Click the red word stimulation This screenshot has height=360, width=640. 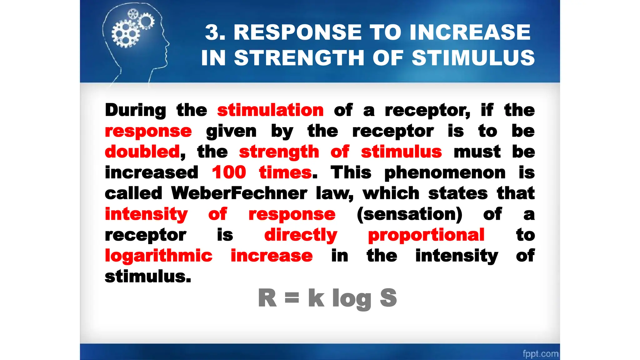coord(270,110)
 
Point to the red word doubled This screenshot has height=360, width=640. coord(142,152)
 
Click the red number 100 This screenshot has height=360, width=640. coord(229,172)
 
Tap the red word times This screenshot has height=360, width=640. coord(285,172)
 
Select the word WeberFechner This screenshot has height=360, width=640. coord(239,193)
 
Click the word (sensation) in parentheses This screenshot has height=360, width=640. coord(409,214)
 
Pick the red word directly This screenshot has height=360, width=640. coord(301,235)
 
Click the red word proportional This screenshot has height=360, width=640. coord(426,235)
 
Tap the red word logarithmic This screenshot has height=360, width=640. coord(158,256)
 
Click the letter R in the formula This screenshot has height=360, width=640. coord(267,298)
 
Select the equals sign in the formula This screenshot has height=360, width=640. coord(292,297)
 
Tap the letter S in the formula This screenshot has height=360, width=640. coord(388,298)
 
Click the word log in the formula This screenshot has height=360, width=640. coord(352,299)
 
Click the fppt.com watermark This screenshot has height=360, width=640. coord(540,353)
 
